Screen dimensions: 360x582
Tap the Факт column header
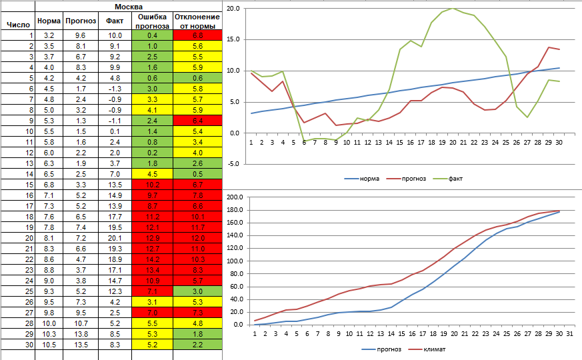115,21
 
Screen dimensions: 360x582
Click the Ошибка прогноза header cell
152,21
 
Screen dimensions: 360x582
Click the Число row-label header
16,25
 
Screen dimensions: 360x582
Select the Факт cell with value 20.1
115,237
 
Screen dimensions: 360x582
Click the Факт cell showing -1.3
115,89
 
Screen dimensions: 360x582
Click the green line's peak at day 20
453,8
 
